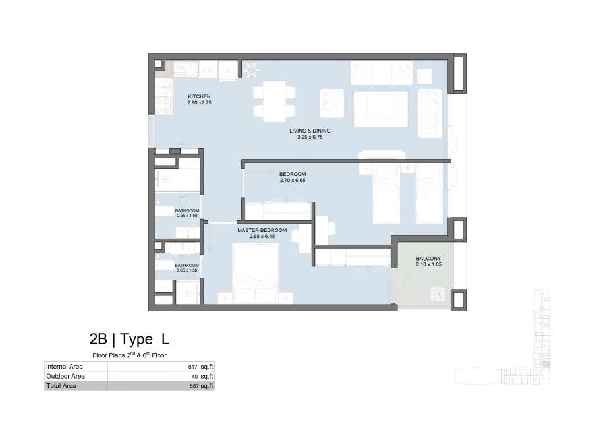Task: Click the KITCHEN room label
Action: (x=199, y=96)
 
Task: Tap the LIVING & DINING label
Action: (x=310, y=131)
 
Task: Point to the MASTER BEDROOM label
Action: (x=262, y=230)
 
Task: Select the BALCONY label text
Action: (x=428, y=259)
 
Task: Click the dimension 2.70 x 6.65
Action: (x=293, y=180)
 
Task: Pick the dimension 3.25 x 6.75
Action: (x=310, y=137)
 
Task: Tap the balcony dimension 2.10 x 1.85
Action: (x=428, y=264)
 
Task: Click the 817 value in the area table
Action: (x=192, y=367)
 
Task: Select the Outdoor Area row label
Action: (x=65, y=376)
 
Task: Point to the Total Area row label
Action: (x=61, y=386)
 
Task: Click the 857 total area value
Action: (x=194, y=386)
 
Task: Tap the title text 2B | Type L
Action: (x=129, y=339)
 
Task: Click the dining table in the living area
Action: (x=274, y=102)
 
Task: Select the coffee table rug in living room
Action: (x=381, y=109)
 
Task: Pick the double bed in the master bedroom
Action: (x=255, y=274)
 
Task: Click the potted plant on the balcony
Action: (x=438, y=295)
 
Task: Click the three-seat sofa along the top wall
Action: (x=382, y=73)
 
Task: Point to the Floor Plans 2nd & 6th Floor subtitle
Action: (x=129, y=355)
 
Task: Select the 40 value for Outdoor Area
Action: (x=194, y=377)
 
